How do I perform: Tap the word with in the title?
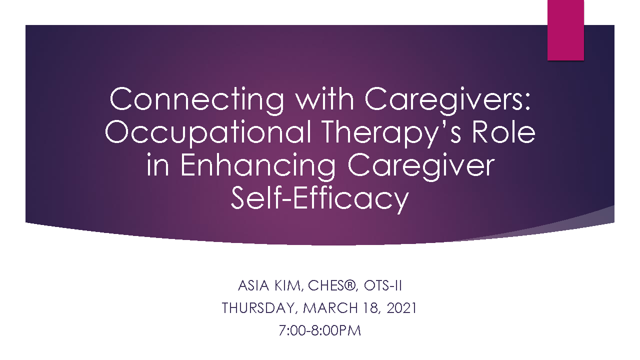tap(324, 98)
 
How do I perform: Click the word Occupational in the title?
tap(208, 133)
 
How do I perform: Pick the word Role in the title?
tap(503, 131)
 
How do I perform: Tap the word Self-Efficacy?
tap(319, 199)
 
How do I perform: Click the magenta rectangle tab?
tap(565, 30)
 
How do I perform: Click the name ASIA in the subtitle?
tap(253, 285)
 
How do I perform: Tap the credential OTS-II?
tap(383, 285)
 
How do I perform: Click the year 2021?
tap(401, 308)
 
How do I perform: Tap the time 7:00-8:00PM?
tap(319, 330)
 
